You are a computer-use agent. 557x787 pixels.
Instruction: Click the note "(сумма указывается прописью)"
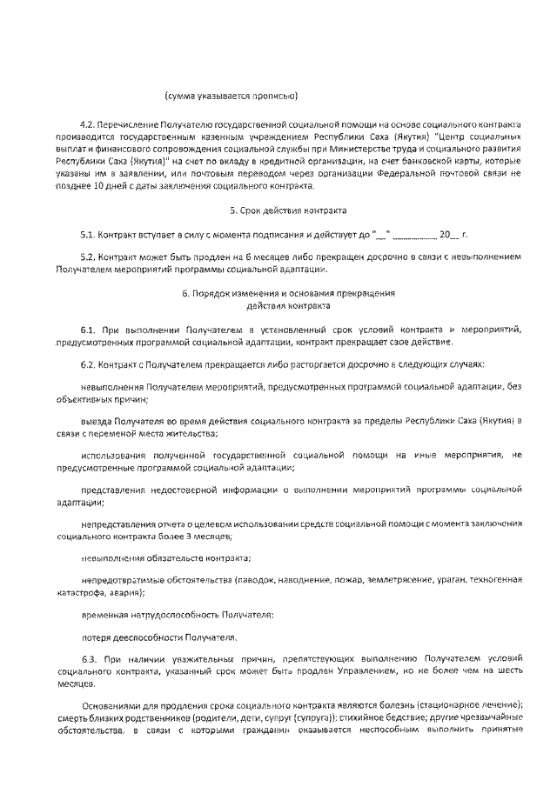click(x=232, y=94)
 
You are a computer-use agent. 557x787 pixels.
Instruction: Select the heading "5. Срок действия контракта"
click(x=288, y=210)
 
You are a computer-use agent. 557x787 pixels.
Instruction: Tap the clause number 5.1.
click(x=89, y=235)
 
